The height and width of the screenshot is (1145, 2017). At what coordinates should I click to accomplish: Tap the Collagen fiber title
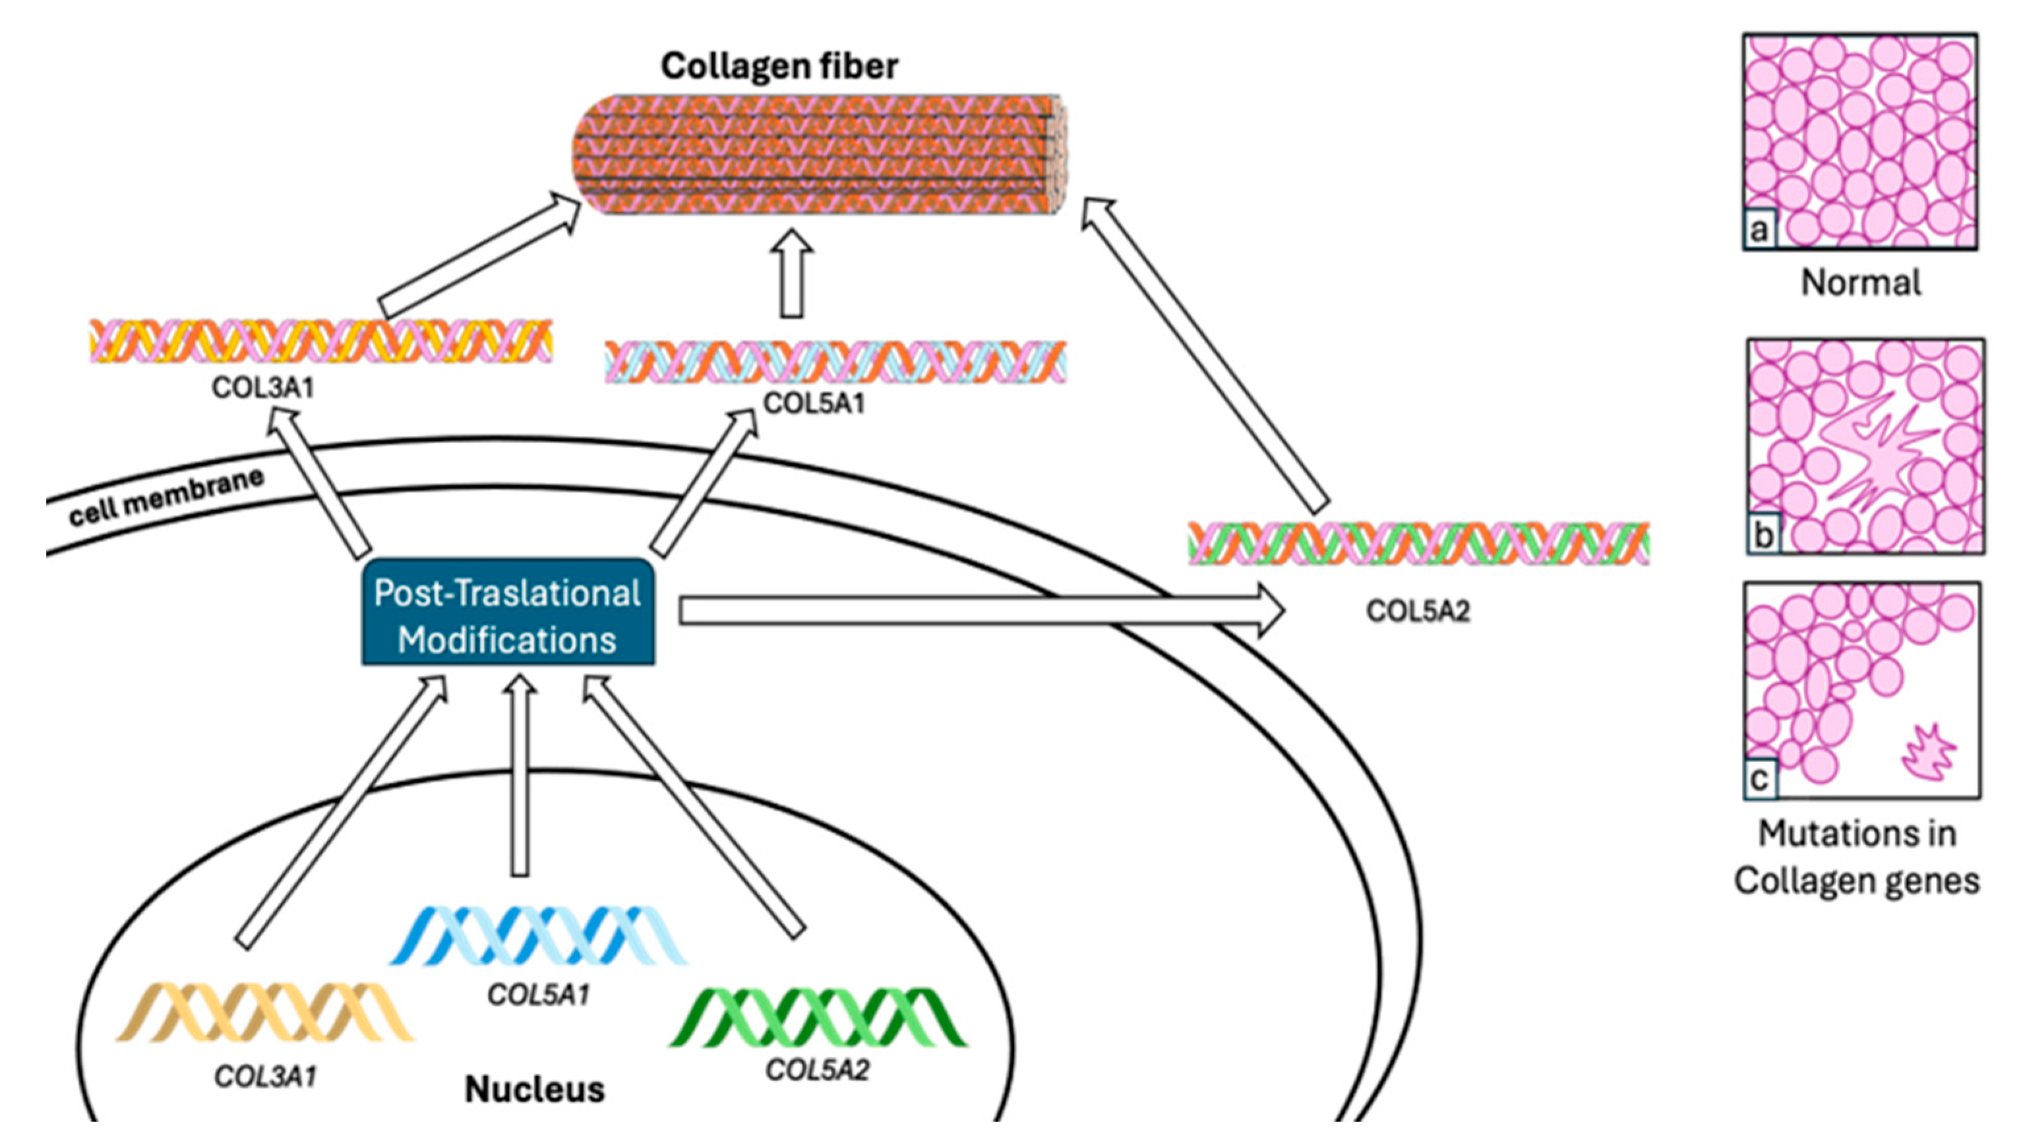coord(779,67)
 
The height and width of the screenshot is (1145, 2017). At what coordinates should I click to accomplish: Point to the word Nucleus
coord(535,1089)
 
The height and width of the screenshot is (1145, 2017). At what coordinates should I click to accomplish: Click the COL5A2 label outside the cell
coord(1418,611)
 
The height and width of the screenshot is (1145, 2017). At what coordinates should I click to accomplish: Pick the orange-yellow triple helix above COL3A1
coord(321,341)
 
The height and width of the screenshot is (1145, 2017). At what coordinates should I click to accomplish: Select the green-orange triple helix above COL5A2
coord(1418,543)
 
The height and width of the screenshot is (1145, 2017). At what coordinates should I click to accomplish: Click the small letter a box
coord(1760,231)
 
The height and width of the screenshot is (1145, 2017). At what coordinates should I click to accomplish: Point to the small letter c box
coord(1760,779)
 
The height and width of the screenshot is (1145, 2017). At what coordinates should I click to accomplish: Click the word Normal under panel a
coord(1861,283)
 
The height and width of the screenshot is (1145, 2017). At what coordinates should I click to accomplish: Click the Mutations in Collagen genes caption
coord(1857,857)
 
